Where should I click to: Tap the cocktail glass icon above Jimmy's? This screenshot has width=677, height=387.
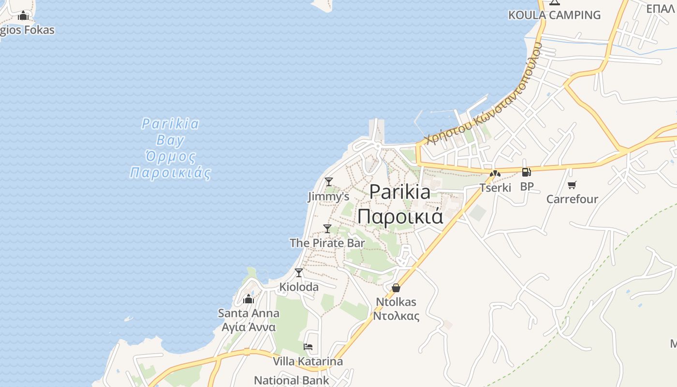click(329, 182)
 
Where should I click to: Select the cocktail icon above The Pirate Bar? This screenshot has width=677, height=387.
click(327, 228)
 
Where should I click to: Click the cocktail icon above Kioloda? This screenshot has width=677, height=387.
click(299, 273)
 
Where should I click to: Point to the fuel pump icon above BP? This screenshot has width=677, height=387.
click(526, 172)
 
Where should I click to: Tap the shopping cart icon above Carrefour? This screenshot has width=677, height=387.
click(572, 185)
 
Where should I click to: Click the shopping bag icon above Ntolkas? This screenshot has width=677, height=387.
click(396, 288)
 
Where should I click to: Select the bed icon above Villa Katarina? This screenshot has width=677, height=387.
click(308, 347)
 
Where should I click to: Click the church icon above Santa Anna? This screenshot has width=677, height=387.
click(249, 299)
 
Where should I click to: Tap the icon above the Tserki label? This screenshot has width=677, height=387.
click(495, 173)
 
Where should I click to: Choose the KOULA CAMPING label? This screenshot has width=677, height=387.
click(554, 15)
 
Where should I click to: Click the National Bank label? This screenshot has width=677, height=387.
click(292, 380)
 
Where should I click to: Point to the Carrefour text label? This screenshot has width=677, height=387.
click(572, 199)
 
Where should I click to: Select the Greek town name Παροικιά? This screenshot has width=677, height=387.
click(400, 216)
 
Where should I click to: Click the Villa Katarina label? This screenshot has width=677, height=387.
click(308, 361)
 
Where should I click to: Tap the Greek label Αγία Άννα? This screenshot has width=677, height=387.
click(249, 327)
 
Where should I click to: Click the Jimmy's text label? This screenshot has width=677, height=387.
click(329, 196)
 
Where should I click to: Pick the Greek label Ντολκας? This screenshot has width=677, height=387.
click(396, 316)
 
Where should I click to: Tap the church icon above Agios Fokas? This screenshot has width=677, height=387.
click(23, 16)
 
